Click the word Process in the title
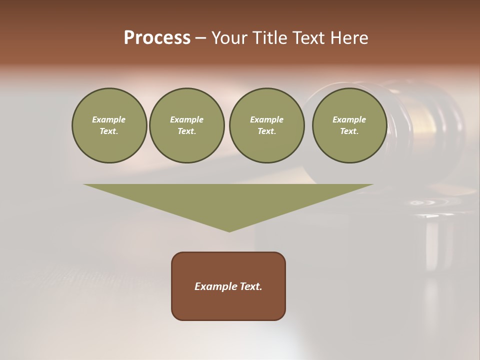(157, 38)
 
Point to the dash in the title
(200, 38)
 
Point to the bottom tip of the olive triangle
(229, 231)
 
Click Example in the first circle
(109, 119)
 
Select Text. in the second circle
(187, 131)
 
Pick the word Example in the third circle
(266, 119)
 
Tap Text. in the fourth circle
(349, 131)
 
